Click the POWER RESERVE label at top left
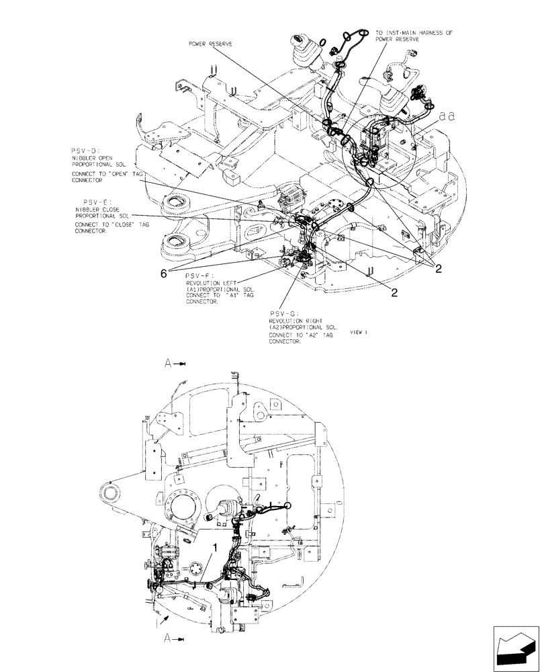click(212, 45)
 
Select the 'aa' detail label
click(447, 116)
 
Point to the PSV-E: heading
click(97, 201)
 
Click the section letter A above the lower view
click(169, 363)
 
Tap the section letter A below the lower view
click(169, 640)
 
